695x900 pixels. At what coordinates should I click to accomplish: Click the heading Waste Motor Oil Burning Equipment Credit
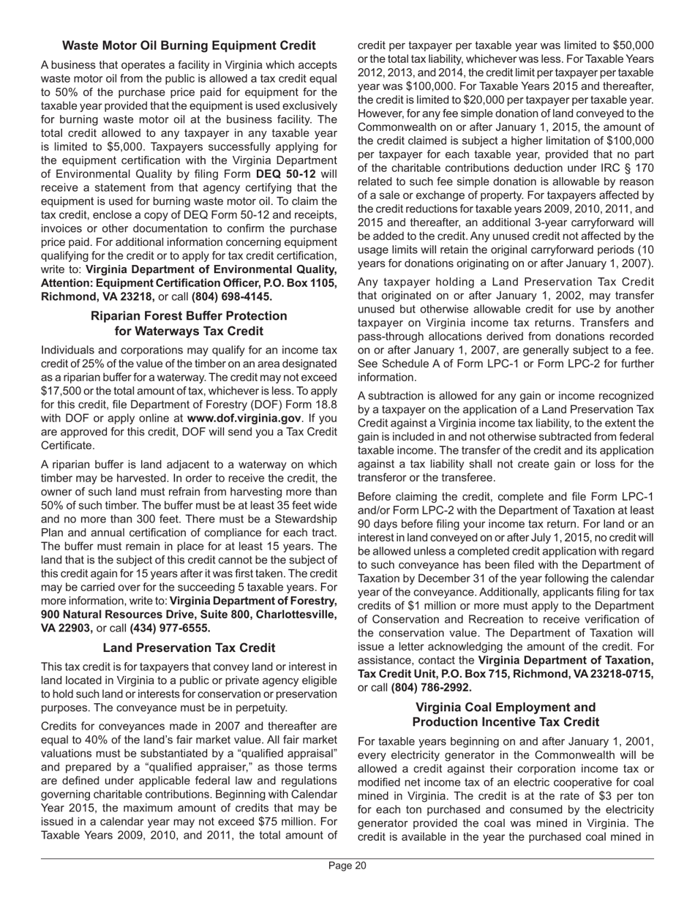pos(189,46)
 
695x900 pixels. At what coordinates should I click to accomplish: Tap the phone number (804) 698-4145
pos(232,296)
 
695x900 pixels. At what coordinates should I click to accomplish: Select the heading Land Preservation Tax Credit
pos(189,648)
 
